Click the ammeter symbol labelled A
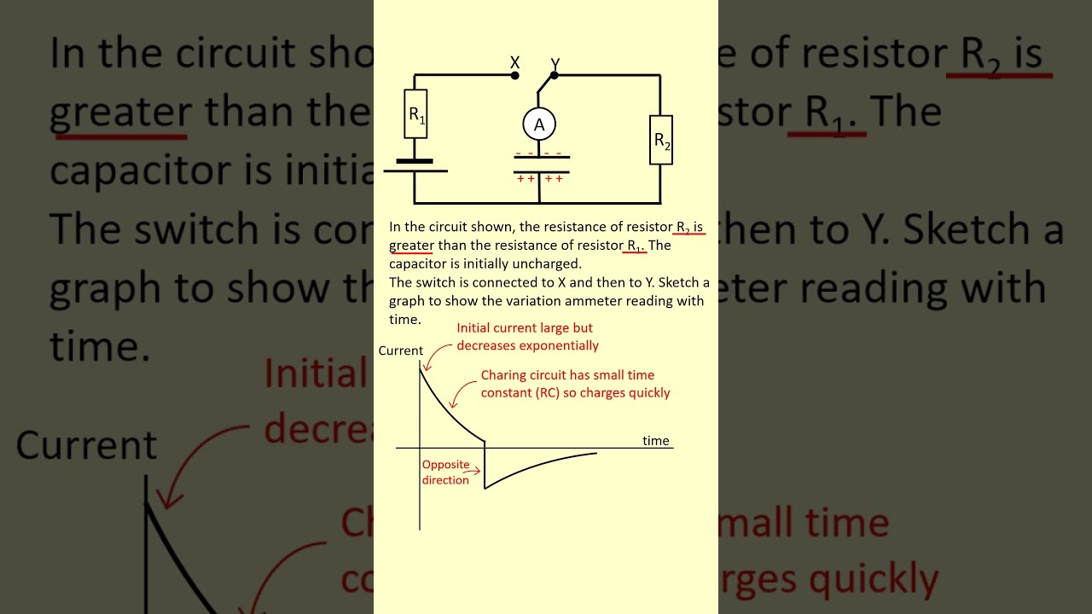coord(539,125)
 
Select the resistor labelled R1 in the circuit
coord(415,113)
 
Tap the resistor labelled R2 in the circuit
coord(661,140)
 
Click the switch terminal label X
coord(514,62)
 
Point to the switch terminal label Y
coord(555,64)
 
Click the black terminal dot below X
coord(514,76)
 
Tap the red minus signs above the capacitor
coord(538,153)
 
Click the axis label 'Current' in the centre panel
coord(400,350)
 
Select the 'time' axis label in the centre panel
coord(656,440)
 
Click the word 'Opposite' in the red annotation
coord(445,465)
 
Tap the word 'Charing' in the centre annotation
coord(502,375)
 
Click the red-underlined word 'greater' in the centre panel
coord(411,246)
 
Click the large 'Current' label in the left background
coord(86,446)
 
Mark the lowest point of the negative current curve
coord(485,489)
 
